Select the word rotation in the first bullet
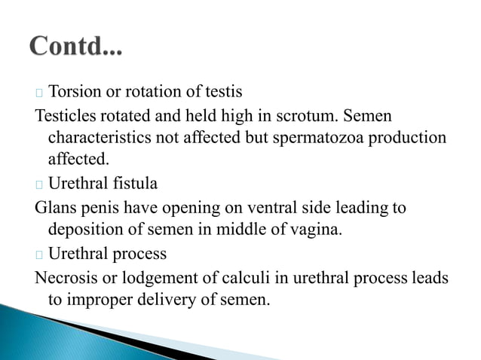(152, 93)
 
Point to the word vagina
(319, 229)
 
